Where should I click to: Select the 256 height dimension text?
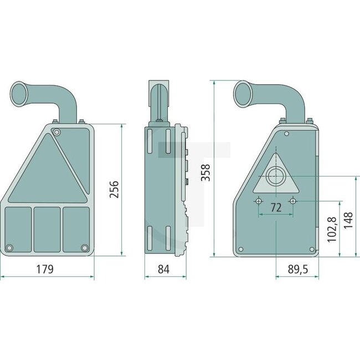point(114,191)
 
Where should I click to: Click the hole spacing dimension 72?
point(275,208)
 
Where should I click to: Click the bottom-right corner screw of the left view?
point(84,248)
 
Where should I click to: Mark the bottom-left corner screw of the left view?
point(9,248)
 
